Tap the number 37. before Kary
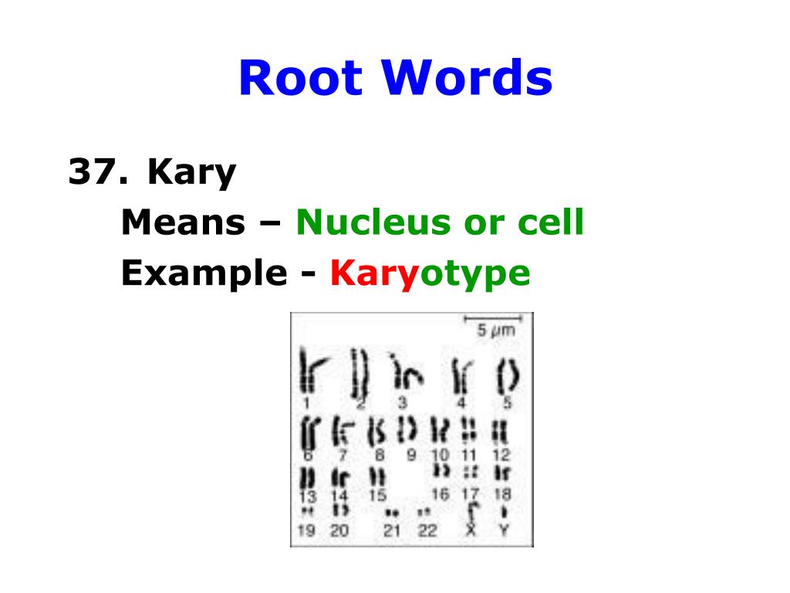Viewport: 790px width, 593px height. [96, 173]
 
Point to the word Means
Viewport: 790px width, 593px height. [182, 224]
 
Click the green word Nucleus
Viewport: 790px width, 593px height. [372, 224]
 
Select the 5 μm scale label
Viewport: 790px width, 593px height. [495, 331]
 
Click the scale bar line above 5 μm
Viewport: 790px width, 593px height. [492, 317]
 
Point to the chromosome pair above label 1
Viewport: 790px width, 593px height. [308, 373]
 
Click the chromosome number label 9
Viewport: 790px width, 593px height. [411, 455]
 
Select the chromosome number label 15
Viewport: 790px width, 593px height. [377, 495]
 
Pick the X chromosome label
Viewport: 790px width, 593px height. [471, 530]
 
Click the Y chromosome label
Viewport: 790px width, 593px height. [505, 530]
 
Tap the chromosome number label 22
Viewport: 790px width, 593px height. [427, 530]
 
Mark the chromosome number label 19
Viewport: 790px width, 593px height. [306, 530]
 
